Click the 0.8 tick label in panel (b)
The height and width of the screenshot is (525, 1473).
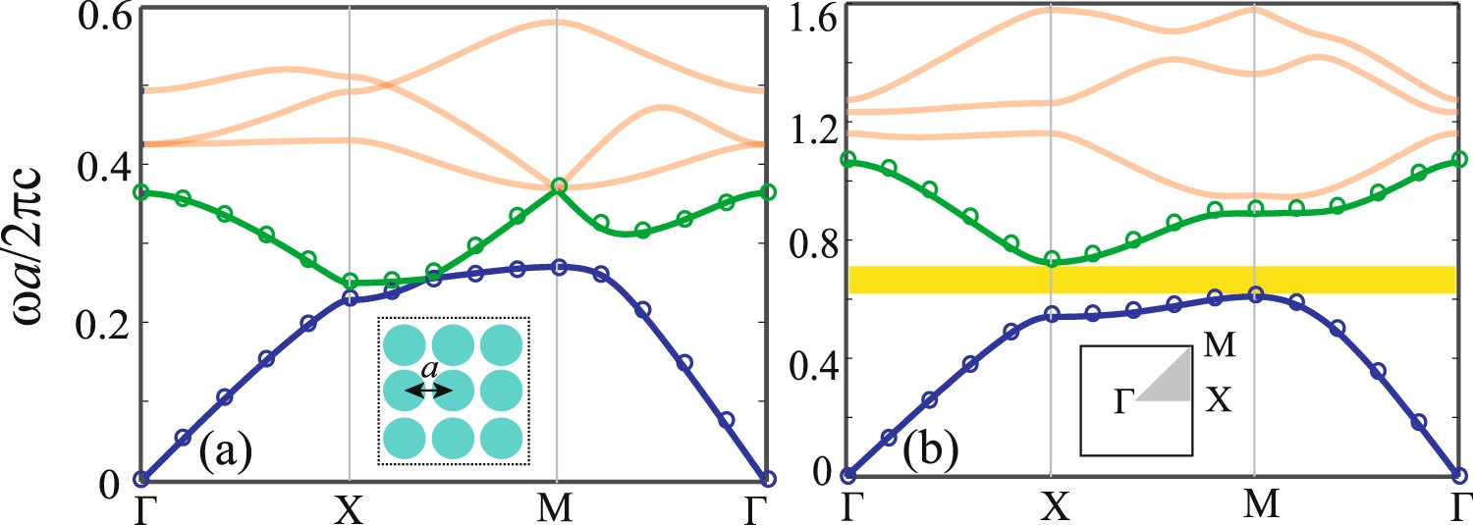(x=811, y=240)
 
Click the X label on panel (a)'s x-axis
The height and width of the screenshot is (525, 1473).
(x=350, y=506)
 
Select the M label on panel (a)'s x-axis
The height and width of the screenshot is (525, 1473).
(x=557, y=506)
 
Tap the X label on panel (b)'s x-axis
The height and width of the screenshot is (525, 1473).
(x=1052, y=506)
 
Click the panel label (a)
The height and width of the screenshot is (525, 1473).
(x=227, y=452)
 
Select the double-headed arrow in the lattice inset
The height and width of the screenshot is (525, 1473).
(x=428, y=391)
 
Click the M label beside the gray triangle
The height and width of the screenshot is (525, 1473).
(x=1221, y=345)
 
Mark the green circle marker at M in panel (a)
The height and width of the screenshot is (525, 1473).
(x=559, y=185)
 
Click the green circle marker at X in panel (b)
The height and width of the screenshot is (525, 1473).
(x=1052, y=259)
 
